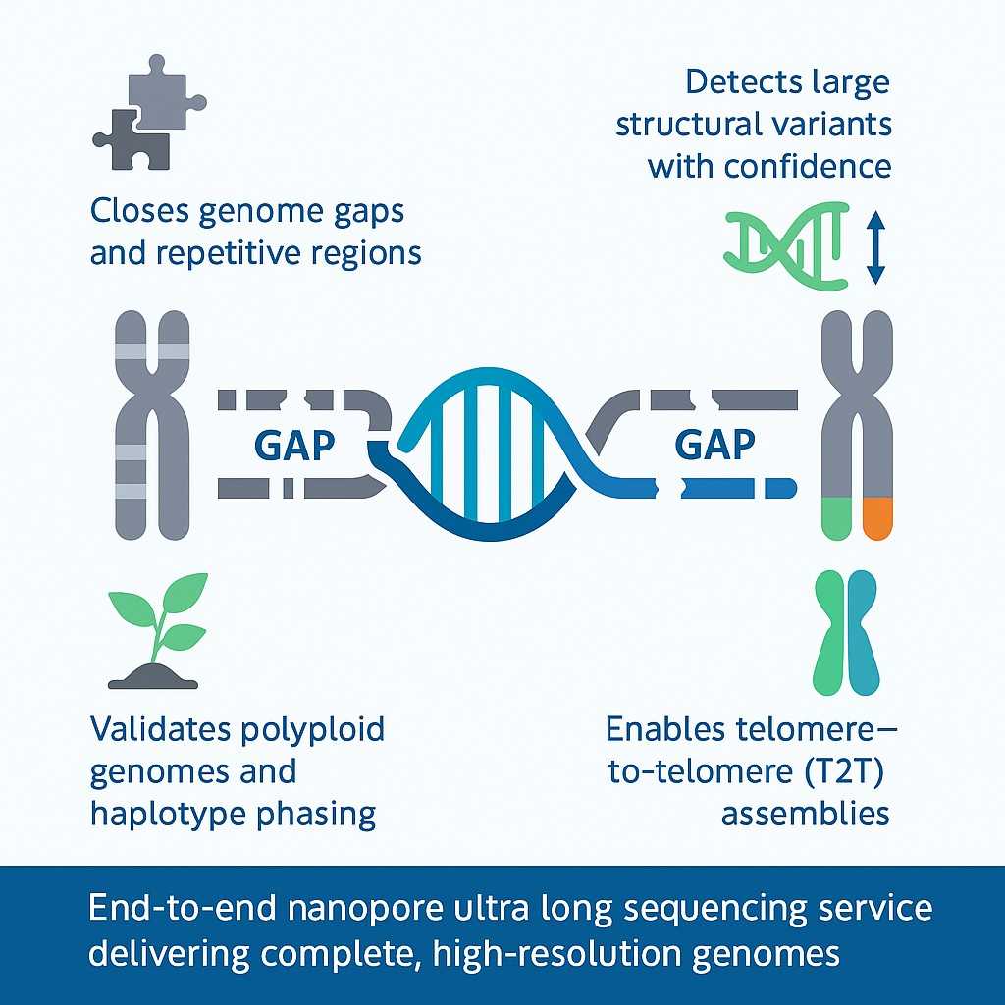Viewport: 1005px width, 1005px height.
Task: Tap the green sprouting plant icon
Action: pyautogui.click(x=158, y=629)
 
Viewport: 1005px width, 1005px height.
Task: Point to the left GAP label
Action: pyautogui.click(x=294, y=446)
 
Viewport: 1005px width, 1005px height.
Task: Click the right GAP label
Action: pyautogui.click(x=715, y=446)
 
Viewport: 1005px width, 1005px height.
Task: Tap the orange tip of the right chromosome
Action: pyautogui.click(x=876, y=517)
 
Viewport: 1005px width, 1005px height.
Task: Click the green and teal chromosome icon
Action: pyautogui.click(x=847, y=633)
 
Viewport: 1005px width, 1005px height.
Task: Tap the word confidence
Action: pyautogui.click(x=808, y=166)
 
